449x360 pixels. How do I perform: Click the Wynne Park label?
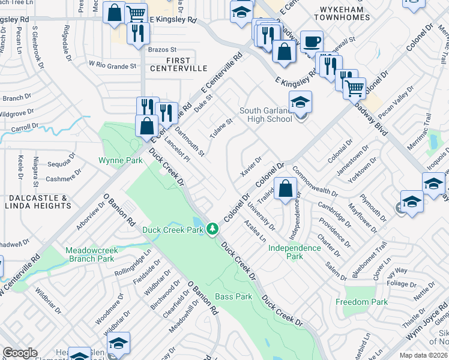(x=121, y=160)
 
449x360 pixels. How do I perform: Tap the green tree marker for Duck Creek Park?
(x=212, y=229)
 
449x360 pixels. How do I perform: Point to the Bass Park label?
(x=234, y=296)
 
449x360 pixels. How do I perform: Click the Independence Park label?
(x=294, y=252)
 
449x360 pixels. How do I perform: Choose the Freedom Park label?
(x=361, y=302)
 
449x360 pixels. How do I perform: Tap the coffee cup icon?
(x=311, y=42)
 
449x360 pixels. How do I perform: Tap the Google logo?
(x=20, y=353)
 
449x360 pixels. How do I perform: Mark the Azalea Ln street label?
(x=255, y=230)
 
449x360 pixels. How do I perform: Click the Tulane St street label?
(x=221, y=127)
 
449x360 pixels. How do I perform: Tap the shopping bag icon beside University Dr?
(x=286, y=188)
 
